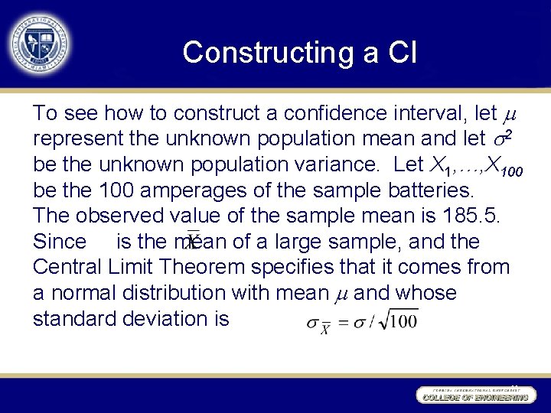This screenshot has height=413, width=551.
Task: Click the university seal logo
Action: pyautogui.click(x=38, y=39)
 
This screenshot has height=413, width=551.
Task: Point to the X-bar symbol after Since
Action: pyautogui.click(x=194, y=242)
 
